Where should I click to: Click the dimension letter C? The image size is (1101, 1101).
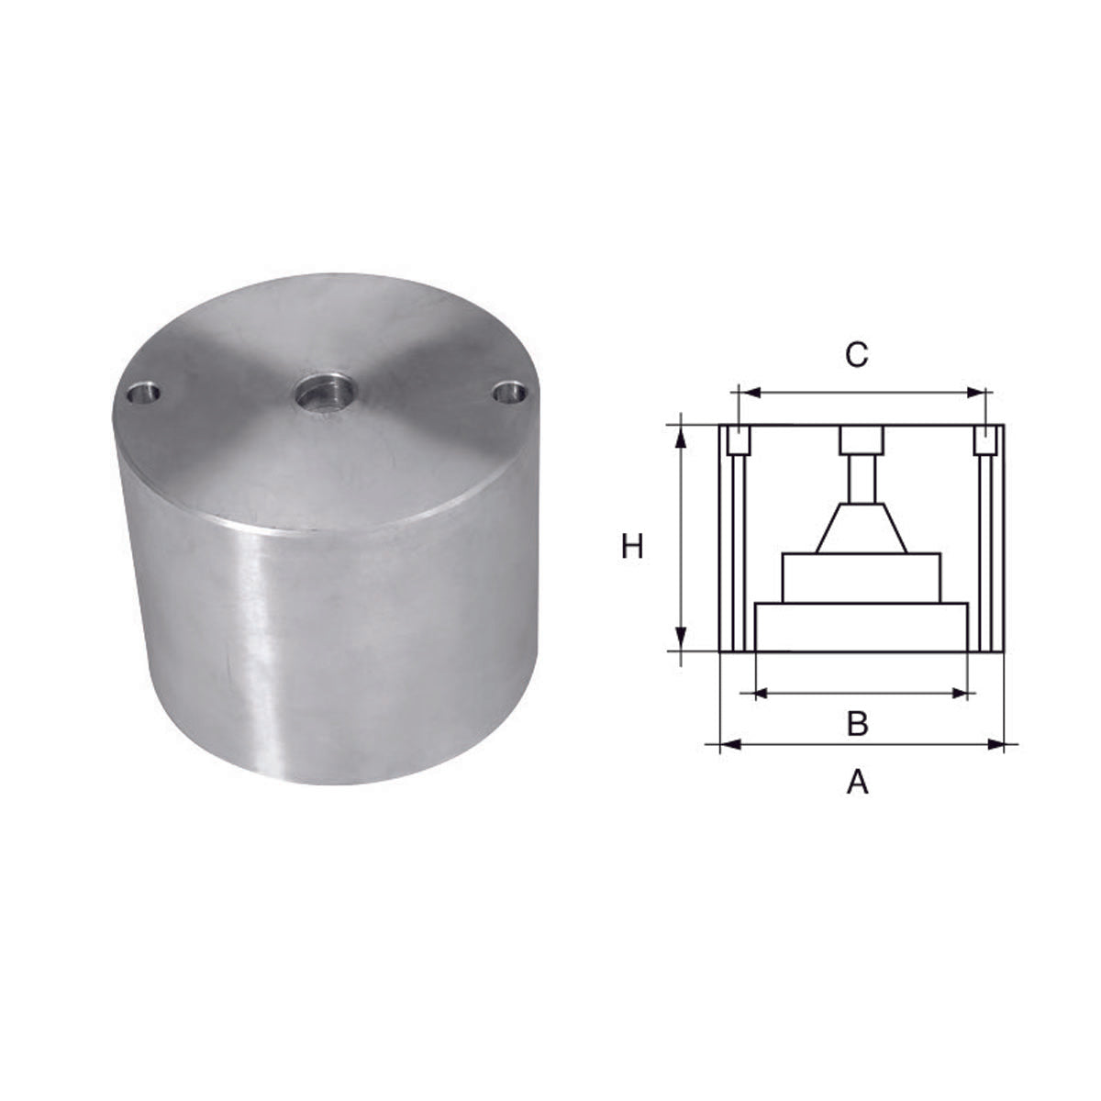855,355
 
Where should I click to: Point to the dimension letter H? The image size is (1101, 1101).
632,548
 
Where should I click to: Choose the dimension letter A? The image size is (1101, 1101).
857,782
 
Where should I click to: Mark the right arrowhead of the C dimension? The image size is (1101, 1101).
976,393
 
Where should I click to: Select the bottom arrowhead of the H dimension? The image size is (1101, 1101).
681,639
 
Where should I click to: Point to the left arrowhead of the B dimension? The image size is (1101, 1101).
760,693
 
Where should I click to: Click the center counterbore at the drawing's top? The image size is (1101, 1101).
862,440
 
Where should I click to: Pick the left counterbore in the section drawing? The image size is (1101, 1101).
737,440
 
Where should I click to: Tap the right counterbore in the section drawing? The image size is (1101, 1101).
986,440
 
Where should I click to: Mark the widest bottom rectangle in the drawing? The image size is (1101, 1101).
862,628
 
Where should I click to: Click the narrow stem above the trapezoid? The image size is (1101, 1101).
862,479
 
